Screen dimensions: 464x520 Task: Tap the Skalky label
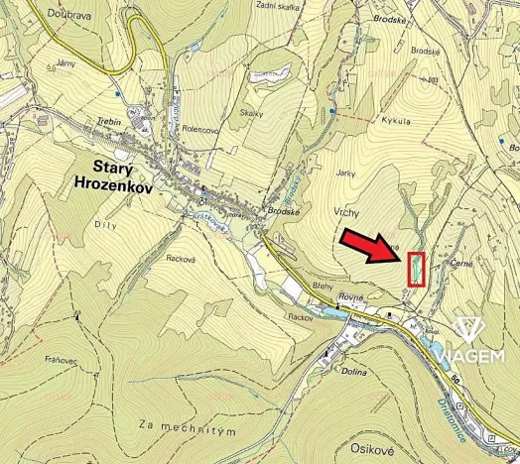[x=252, y=114]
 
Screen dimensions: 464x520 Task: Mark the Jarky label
[x=345, y=173]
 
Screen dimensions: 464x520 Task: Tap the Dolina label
[x=353, y=372]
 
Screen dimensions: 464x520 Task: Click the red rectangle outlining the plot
[x=416, y=269]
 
